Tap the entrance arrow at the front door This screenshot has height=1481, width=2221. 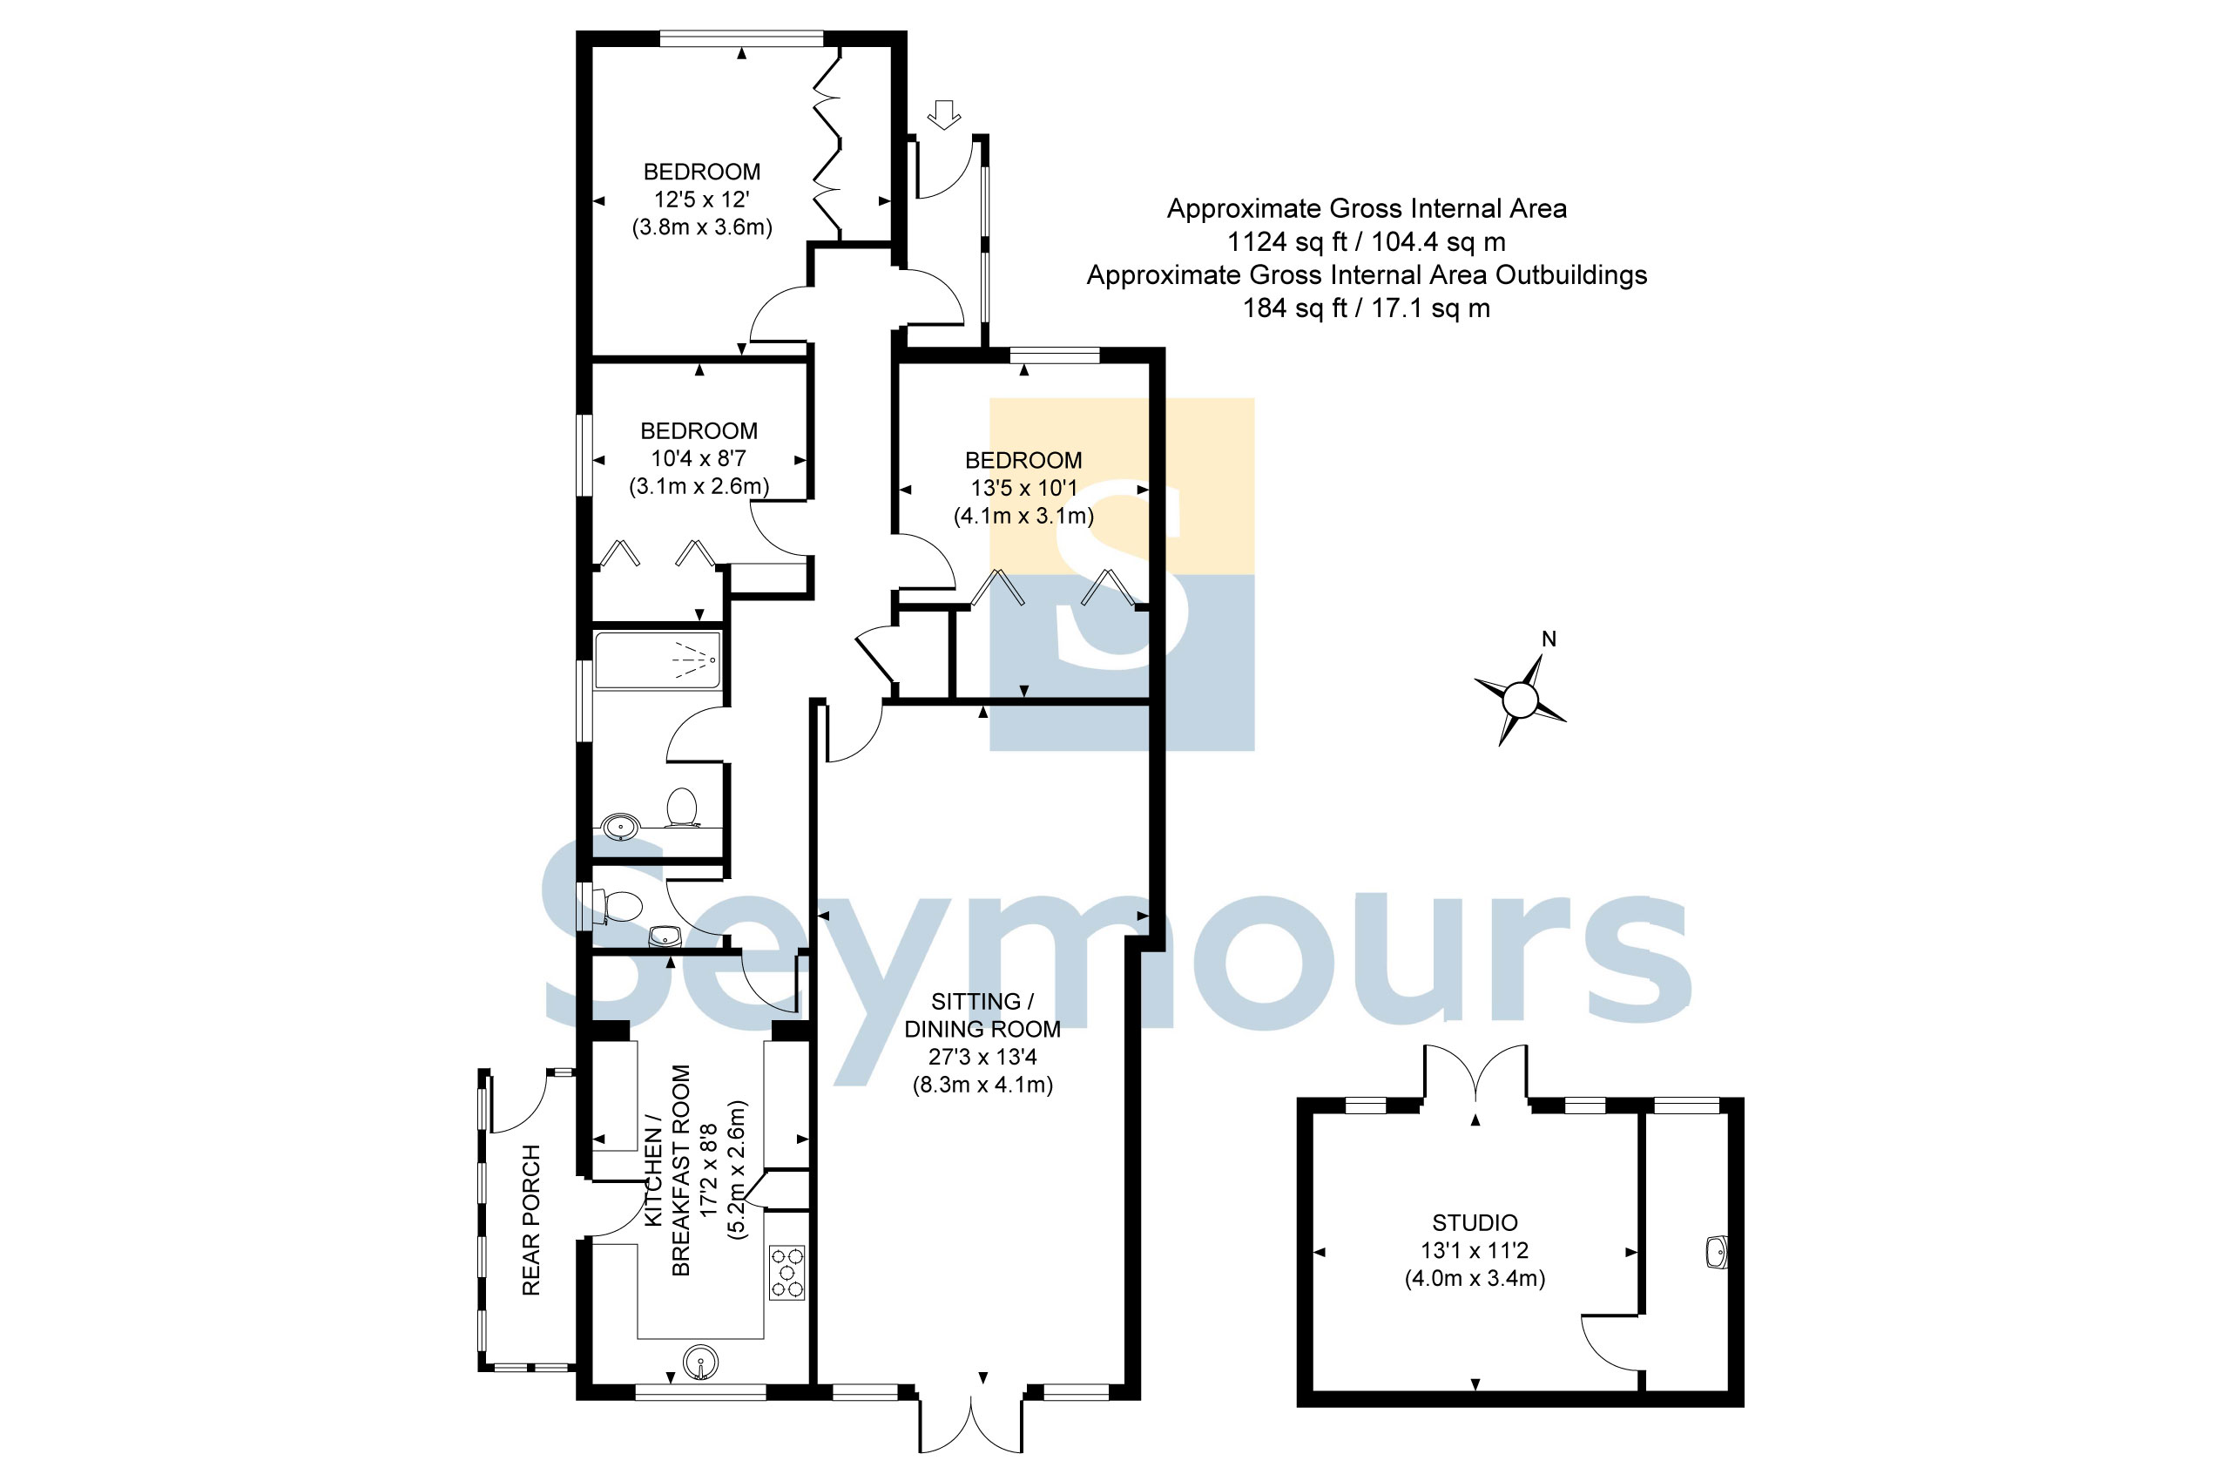pyautogui.click(x=943, y=114)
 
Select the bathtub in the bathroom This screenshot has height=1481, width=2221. pyautogui.click(x=658, y=660)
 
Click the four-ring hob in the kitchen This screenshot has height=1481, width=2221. pyautogui.click(x=787, y=1273)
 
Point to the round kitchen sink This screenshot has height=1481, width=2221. pyautogui.click(x=699, y=1362)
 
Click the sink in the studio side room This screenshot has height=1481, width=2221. pyautogui.click(x=1718, y=1253)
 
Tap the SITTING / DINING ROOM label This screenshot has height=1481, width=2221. pyautogui.click(x=982, y=1015)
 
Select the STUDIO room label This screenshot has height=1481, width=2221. pyautogui.click(x=1475, y=1222)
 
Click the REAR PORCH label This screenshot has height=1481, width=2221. pyautogui.click(x=531, y=1220)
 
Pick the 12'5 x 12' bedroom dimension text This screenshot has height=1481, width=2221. pyautogui.click(x=702, y=199)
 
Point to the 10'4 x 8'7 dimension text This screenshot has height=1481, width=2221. pyautogui.click(x=699, y=458)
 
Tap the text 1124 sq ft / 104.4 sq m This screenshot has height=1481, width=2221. pyautogui.click(x=1366, y=242)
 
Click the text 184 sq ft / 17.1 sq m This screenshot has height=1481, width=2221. pyautogui.click(x=1366, y=308)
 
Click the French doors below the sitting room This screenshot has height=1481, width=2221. pyautogui.click(x=971, y=1424)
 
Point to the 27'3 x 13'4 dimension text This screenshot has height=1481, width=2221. pyautogui.click(x=982, y=1057)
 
